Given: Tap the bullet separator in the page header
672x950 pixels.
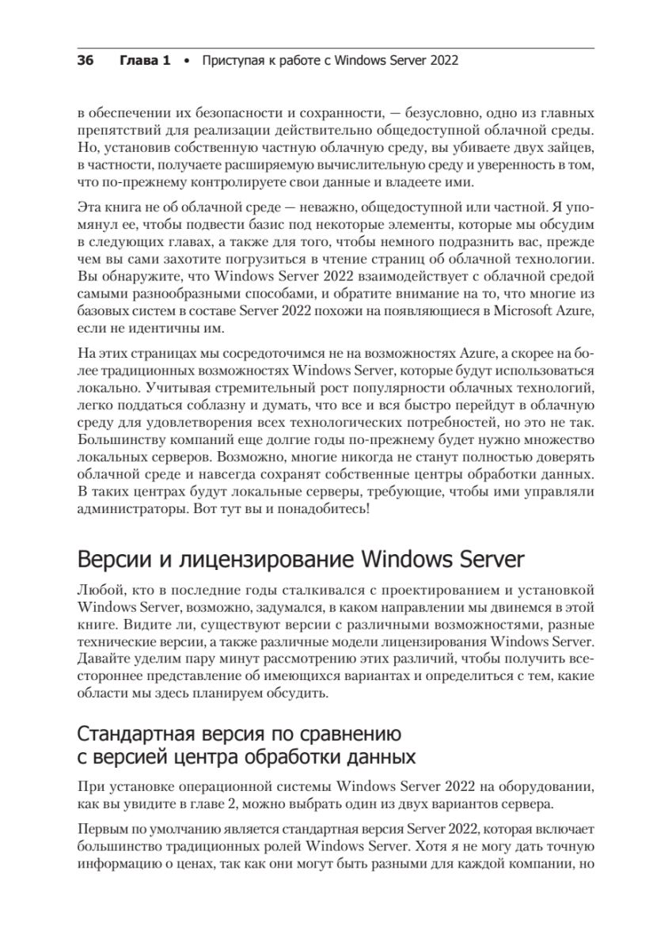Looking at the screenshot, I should click(187, 61).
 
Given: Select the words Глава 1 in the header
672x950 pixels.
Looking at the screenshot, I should click(145, 60).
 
